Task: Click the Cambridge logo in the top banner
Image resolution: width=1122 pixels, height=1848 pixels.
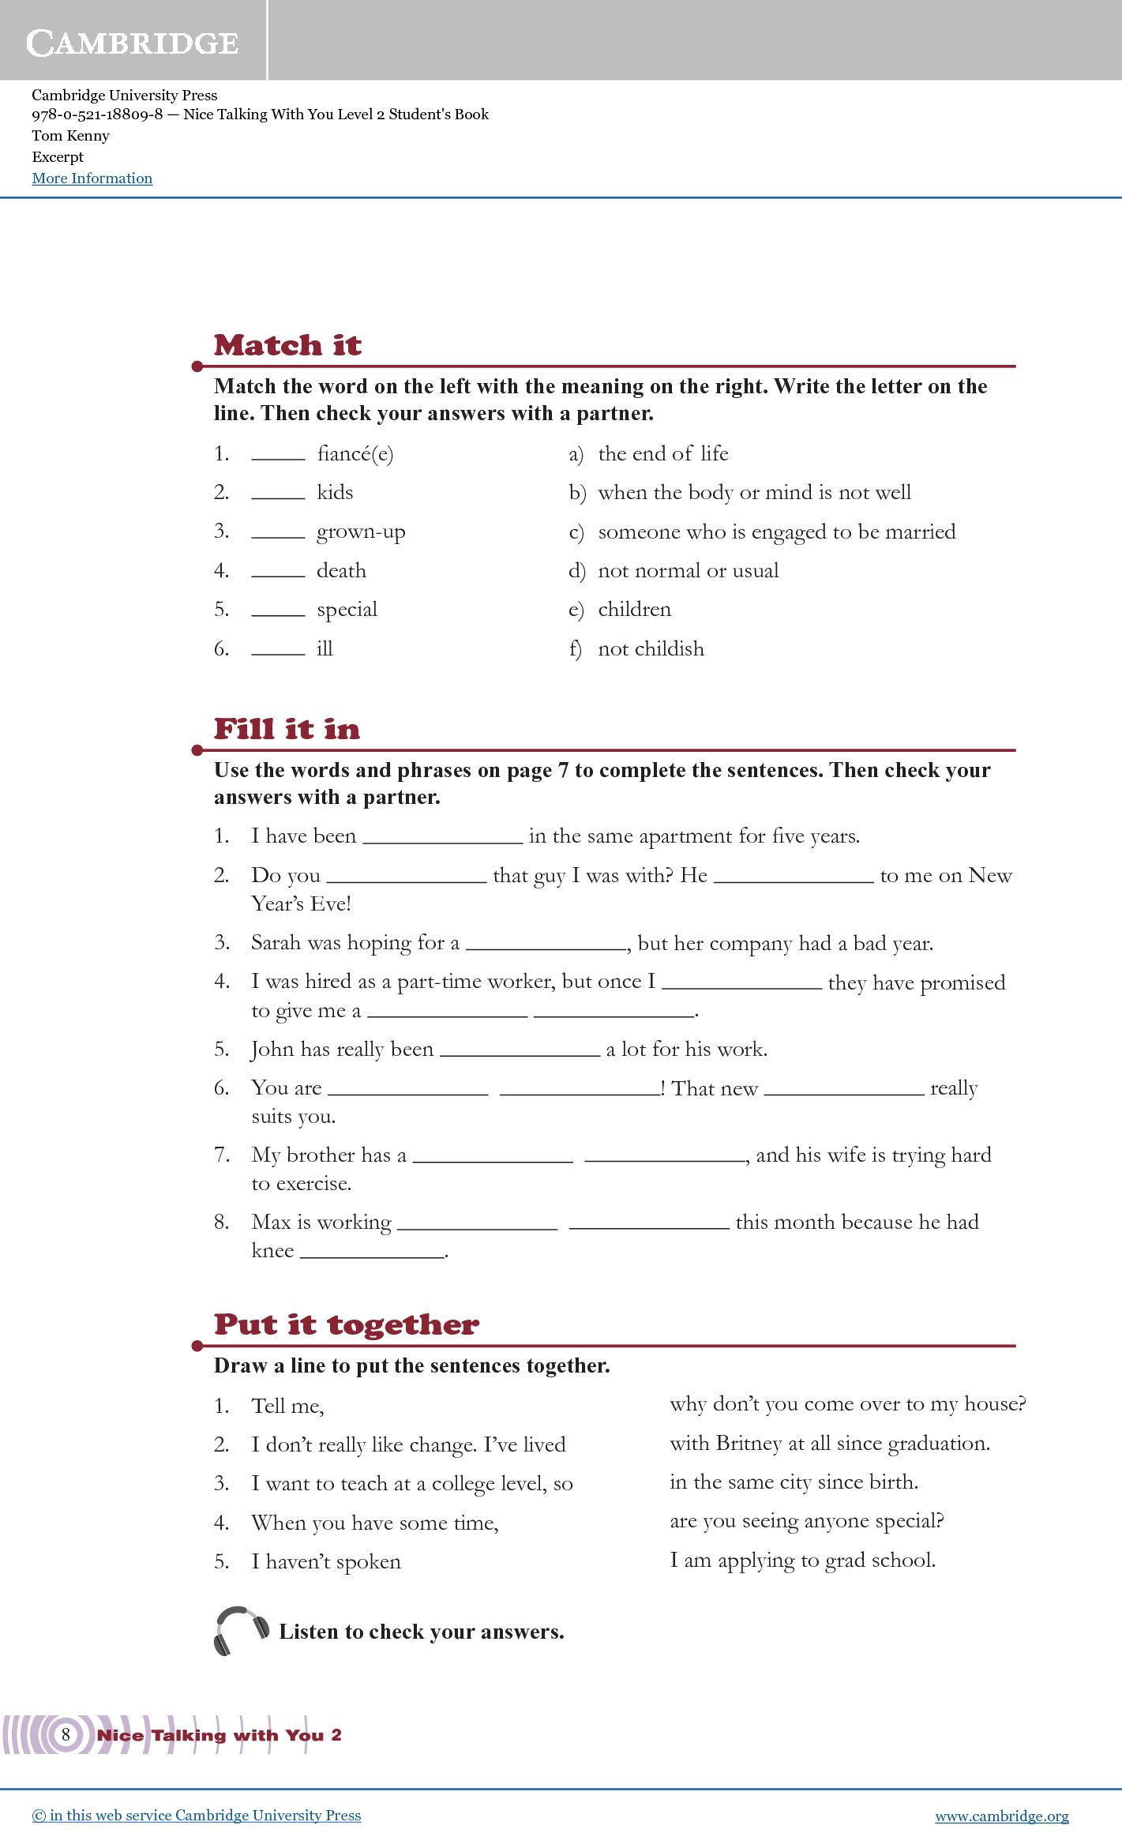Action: point(133,42)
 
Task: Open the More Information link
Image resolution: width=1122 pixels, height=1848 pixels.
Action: point(92,178)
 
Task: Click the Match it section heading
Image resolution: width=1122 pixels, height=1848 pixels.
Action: point(287,345)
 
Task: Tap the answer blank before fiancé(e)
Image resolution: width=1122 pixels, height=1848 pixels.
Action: point(278,456)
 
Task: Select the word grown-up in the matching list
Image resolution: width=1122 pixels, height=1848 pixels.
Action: point(361,531)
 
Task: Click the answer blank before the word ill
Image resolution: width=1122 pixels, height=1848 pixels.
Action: point(278,651)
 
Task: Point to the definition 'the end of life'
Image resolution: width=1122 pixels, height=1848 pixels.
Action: point(662,453)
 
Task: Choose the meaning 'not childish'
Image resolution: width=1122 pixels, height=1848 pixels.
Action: point(651,648)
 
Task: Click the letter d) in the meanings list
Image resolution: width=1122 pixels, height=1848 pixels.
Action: point(576,571)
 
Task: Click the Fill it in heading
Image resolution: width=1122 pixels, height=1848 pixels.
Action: point(287,728)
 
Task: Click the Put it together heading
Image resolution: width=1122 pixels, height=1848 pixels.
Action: point(346,1324)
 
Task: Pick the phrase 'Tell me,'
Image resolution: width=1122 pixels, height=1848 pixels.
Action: point(287,1407)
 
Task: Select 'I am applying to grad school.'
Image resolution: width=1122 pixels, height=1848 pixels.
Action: point(802,1561)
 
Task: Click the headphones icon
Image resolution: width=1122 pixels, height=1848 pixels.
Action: point(241,1630)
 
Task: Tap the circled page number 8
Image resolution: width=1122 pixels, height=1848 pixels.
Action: point(66,1734)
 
